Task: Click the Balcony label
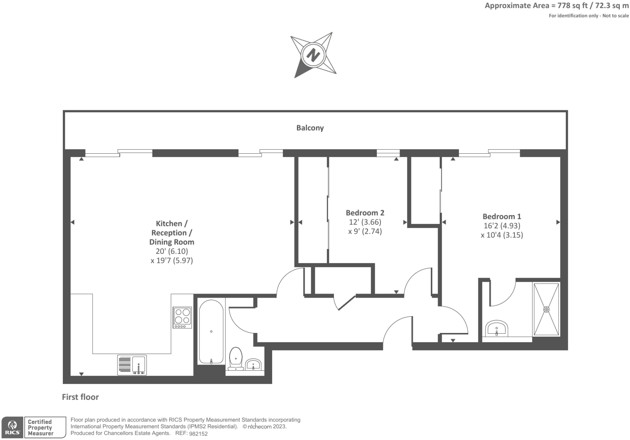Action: (x=310, y=128)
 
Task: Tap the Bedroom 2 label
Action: (x=365, y=212)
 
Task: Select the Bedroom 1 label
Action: (x=502, y=217)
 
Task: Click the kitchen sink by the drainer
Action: (x=139, y=364)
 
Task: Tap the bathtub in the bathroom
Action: (x=211, y=332)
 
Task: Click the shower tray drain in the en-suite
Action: (x=546, y=309)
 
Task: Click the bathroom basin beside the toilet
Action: (x=254, y=364)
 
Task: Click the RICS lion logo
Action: (x=12, y=427)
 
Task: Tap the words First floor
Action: (x=80, y=397)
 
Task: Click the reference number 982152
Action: (x=198, y=434)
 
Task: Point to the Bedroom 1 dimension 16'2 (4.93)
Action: (x=502, y=226)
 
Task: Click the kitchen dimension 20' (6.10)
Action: (x=172, y=251)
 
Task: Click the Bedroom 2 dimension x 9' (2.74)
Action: (x=365, y=232)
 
